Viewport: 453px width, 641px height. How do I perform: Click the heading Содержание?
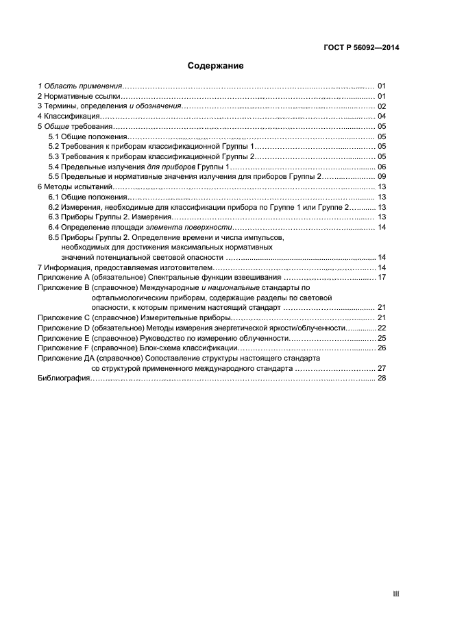coord(216,66)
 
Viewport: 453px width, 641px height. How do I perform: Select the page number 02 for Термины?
coord(382,106)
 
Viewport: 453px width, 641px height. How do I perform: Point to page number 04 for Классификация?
coord(382,117)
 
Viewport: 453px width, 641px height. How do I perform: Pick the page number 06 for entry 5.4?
coord(382,167)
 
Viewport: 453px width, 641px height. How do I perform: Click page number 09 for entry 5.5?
coord(382,176)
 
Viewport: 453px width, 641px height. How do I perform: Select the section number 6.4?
coord(53,227)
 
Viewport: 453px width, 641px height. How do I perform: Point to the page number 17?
coord(382,277)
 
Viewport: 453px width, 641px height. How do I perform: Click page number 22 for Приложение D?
coord(382,328)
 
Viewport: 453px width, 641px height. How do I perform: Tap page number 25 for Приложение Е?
coord(382,338)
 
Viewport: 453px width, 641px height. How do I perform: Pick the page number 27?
coord(382,368)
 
